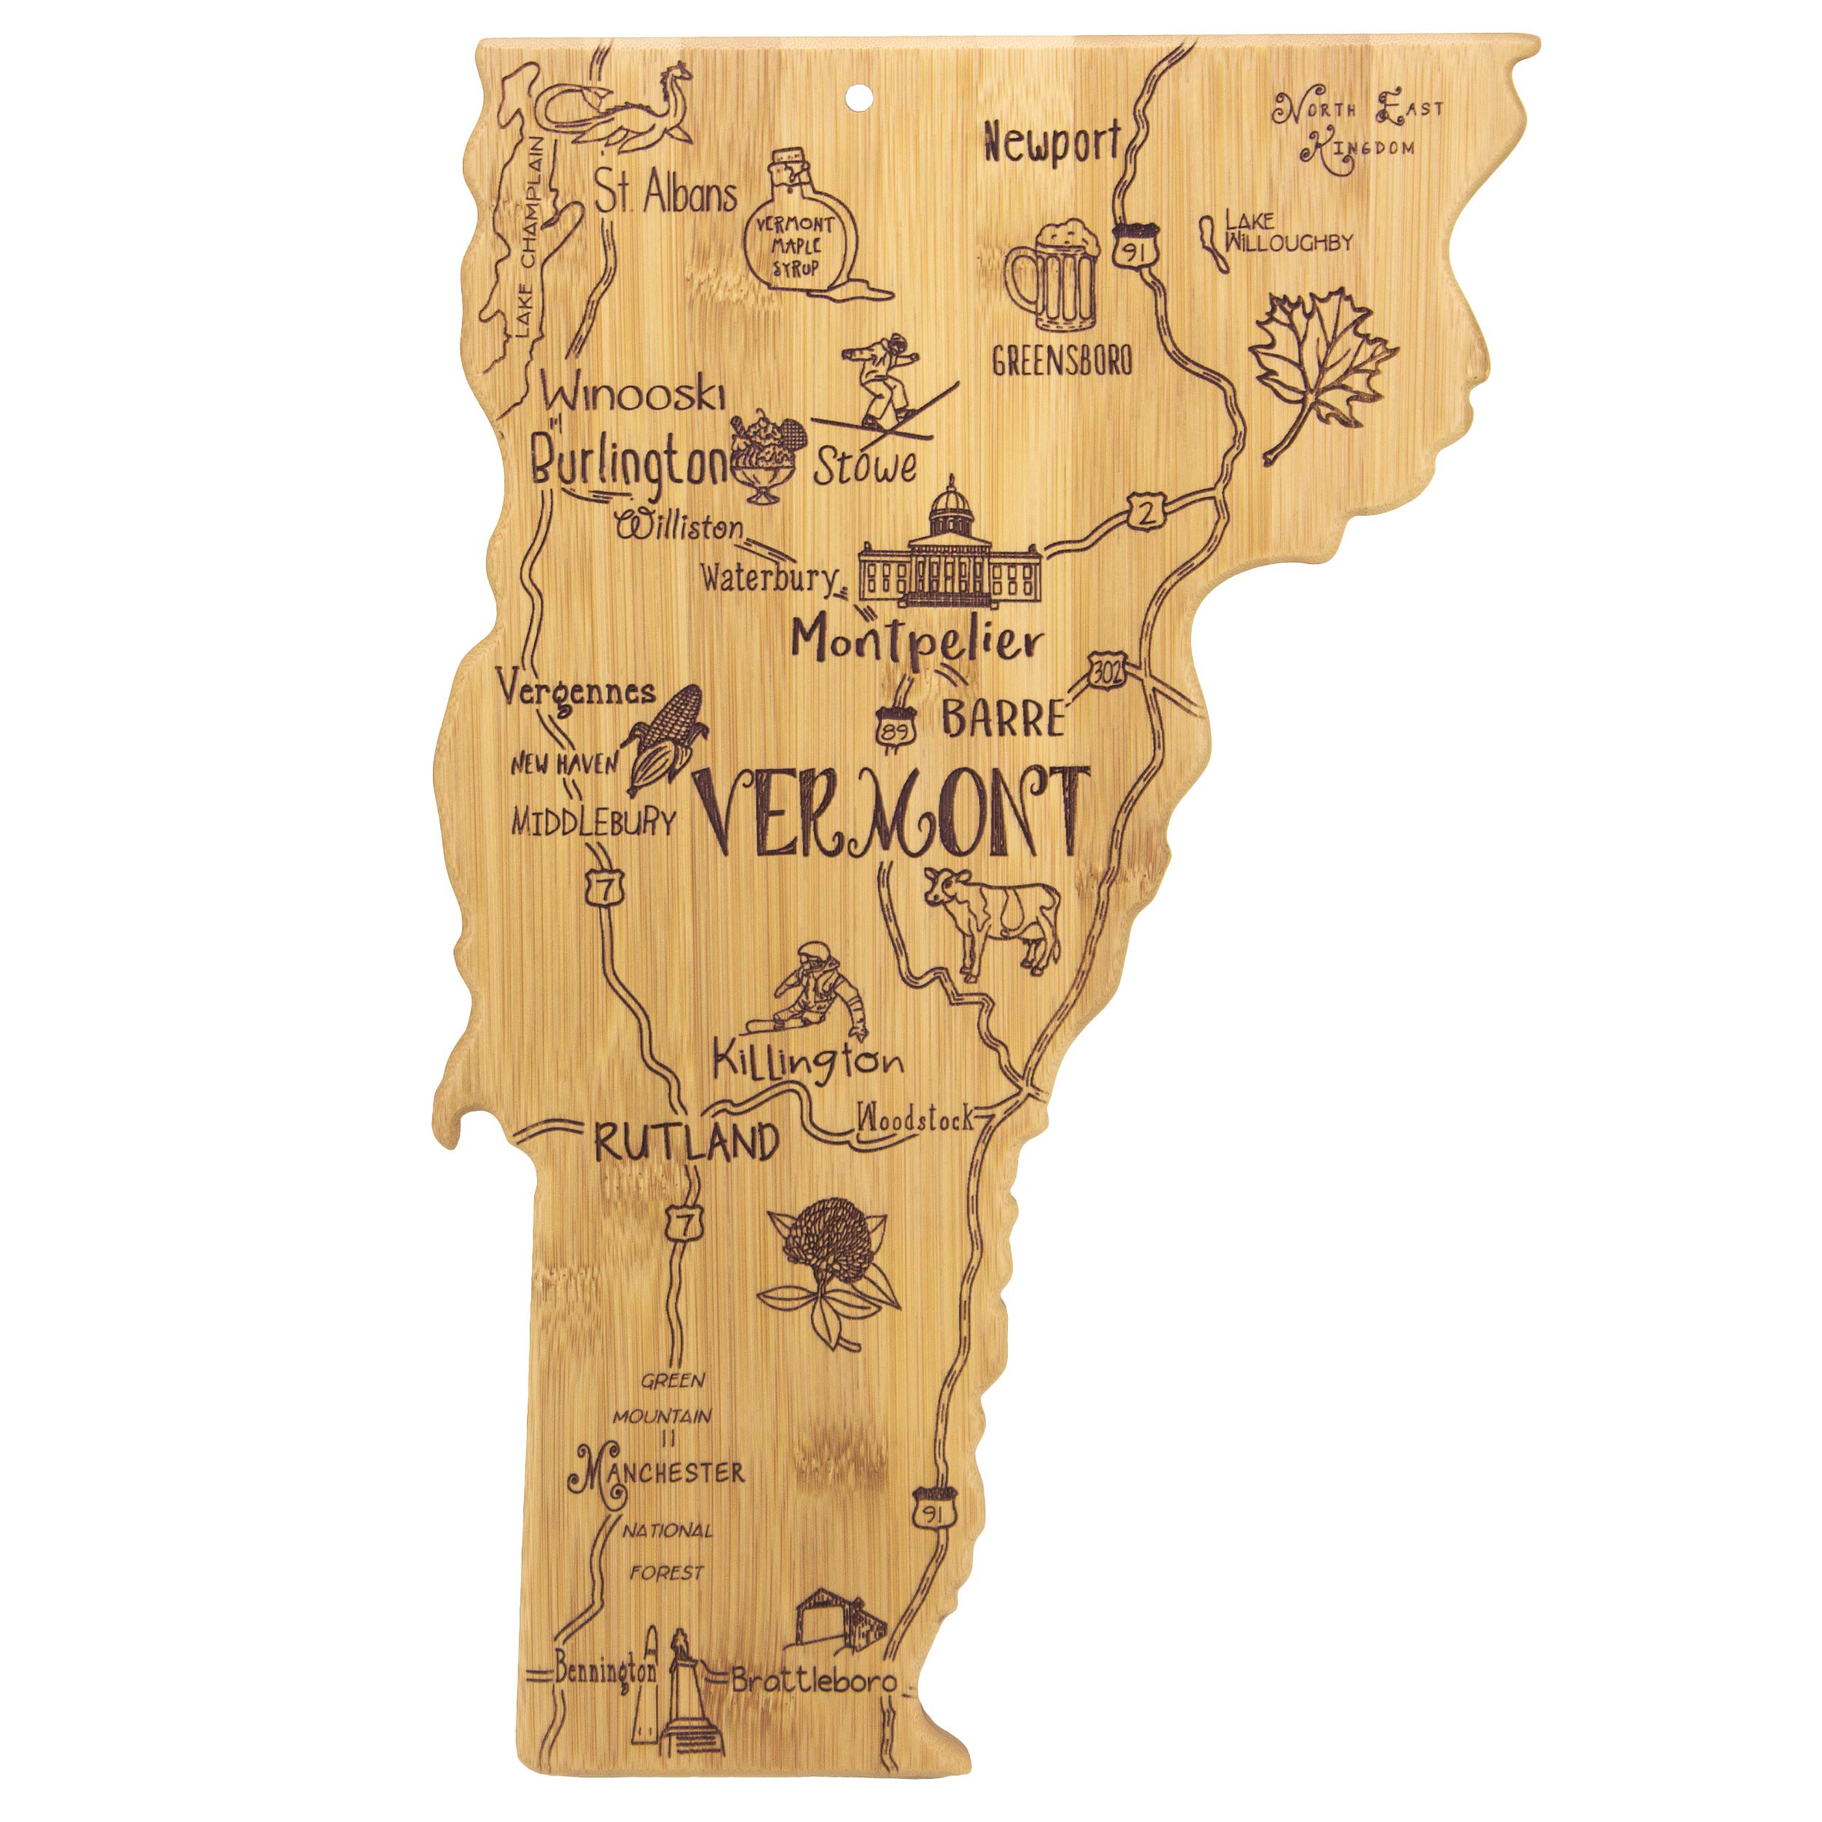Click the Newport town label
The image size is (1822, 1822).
[1051, 144]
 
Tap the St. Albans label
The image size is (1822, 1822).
[666, 196]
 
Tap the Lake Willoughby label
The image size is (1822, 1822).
[1286, 232]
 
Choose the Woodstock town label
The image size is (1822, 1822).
[913, 1119]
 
